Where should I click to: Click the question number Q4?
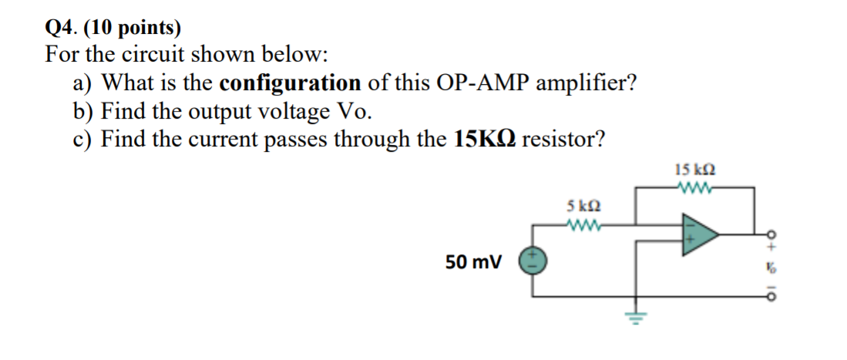coord(62,29)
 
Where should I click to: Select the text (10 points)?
coord(132,29)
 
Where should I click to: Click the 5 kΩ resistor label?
coord(583,207)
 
